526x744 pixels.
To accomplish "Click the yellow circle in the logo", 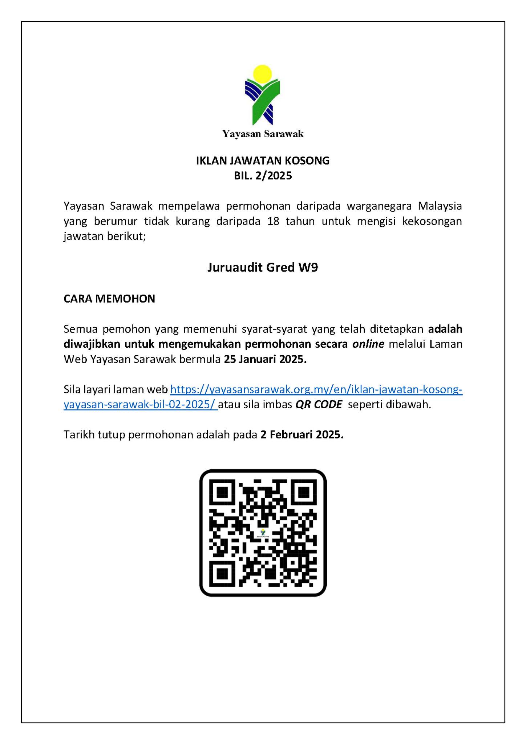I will click(x=263, y=75).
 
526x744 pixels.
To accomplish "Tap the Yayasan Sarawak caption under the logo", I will click(x=263, y=134).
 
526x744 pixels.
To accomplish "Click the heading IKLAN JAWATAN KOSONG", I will click(x=263, y=161).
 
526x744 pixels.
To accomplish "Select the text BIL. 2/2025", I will click(x=263, y=176).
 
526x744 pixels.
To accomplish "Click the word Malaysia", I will click(x=440, y=206).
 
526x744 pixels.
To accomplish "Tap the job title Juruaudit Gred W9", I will click(x=263, y=268).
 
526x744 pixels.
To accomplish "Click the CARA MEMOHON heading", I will click(x=109, y=299).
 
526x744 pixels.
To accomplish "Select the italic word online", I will click(x=368, y=344).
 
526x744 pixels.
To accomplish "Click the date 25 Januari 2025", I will click(x=265, y=359).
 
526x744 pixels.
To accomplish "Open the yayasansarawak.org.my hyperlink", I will click(x=316, y=390).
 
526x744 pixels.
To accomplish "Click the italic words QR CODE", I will click(x=319, y=405).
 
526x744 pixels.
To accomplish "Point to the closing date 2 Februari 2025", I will click(x=302, y=435).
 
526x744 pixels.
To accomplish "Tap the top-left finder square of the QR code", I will click(x=222, y=492).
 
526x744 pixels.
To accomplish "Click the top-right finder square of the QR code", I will click(x=304, y=492).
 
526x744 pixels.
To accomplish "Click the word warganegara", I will click(x=378, y=206).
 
